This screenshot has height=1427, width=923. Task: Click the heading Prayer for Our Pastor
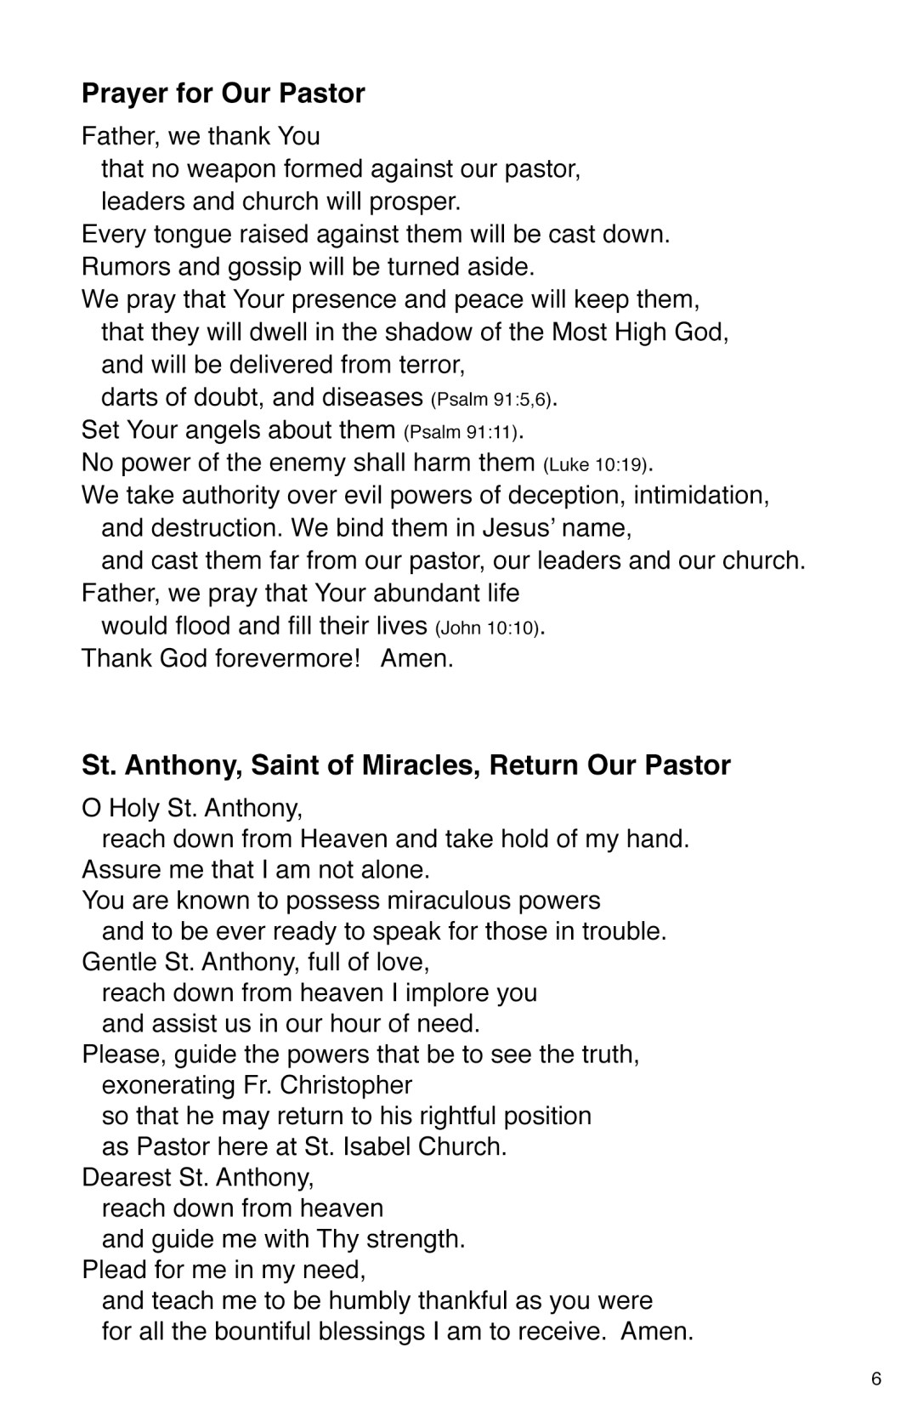click(x=223, y=93)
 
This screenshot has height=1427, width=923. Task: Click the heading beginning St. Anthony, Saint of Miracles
click(x=405, y=765)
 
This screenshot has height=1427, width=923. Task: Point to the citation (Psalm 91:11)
click(x=461, y=432)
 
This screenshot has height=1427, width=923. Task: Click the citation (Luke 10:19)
click(x=596, y=465)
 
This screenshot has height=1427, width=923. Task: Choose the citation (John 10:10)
click(x=487, y=628)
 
